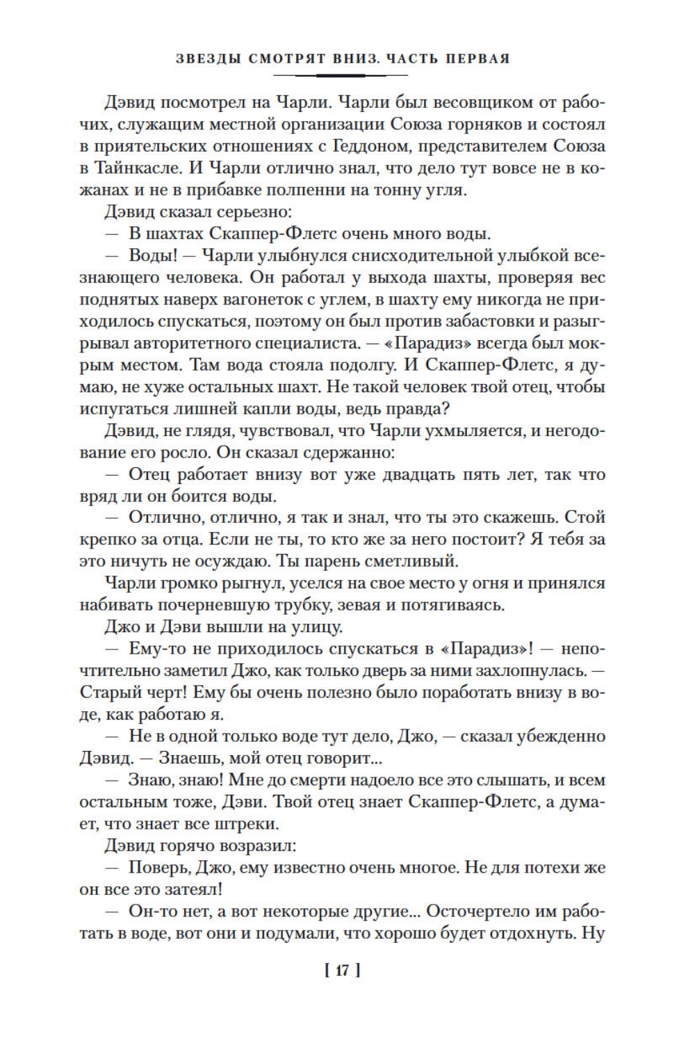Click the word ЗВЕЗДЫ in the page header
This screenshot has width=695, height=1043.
pyautogui.click(x=206, y=59)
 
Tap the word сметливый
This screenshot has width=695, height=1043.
pyautogui.click(x=407, y=560)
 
